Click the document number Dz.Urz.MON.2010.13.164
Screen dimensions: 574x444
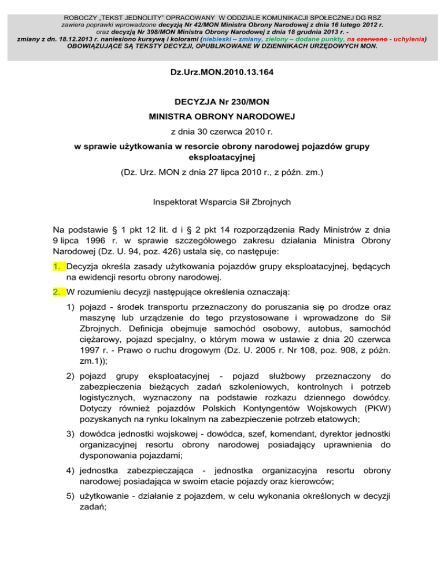[222, 73]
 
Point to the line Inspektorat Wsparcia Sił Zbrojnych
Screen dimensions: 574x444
[222, 203]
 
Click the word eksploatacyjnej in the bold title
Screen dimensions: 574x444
[222, 156]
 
